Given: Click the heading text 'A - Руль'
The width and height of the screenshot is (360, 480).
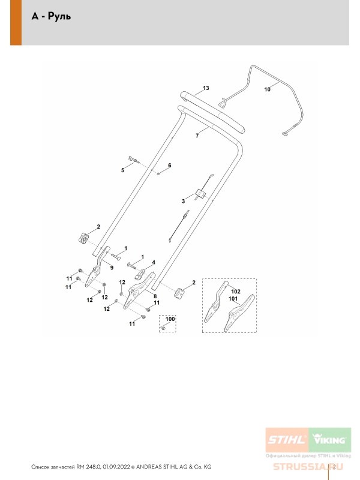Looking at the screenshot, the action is [x=51, y=16].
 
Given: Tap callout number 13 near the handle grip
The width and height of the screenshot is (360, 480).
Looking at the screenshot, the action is [x=206, y=88].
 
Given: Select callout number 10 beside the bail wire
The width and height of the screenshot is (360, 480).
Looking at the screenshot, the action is [x=267, y=89].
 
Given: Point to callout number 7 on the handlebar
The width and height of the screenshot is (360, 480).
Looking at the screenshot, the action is [x=197, y=136].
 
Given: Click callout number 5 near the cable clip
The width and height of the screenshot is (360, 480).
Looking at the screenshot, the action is [x=123, y=170].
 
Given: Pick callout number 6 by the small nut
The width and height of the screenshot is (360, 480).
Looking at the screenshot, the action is [x=170, y=166].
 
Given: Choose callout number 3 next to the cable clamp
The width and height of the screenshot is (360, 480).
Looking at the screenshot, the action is [x=184, y=201].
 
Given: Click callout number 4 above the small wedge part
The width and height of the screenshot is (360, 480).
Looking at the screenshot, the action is [x=154, y=262].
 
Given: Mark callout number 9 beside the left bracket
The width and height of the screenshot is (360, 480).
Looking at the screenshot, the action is [x=112, y=268].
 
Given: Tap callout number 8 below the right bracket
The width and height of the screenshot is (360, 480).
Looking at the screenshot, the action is [x=155, y=296].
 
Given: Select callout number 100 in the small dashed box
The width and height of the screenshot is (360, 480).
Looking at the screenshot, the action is [x=170, y=319].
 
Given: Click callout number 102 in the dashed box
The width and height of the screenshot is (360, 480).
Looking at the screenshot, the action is [x=236, y=292].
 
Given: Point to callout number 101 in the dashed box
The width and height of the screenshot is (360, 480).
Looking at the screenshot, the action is [x=233, y=298].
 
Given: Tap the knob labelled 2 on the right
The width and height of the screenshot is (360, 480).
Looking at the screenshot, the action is [x=179, y=293].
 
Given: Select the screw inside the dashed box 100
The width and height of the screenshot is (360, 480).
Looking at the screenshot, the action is [x=163, y=328].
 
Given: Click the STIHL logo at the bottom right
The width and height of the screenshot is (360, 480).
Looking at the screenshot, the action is [x=287, y=440].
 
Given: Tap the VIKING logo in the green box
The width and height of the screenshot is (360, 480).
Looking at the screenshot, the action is [x=329, y=440].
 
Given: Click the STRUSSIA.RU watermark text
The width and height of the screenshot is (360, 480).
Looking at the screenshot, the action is [x=308, y=467].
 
